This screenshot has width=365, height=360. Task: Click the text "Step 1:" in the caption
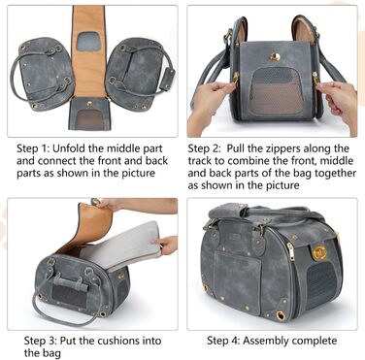point(32,148)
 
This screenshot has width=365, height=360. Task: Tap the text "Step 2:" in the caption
point(204,148)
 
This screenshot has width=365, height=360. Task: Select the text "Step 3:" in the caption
point(41,341)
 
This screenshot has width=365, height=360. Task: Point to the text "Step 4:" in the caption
point(223,341)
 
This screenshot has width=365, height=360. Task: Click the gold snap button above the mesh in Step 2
point(275,57)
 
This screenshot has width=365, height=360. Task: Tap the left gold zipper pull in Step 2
point(235,79)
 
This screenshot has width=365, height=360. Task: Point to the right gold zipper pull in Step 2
point(315,79)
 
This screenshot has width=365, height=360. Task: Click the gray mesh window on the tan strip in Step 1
point(88,41)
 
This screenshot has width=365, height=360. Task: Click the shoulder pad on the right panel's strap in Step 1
point(168,80)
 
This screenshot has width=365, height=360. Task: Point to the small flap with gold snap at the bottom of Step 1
point(89,114)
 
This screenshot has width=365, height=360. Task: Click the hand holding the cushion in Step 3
point(166,245)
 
